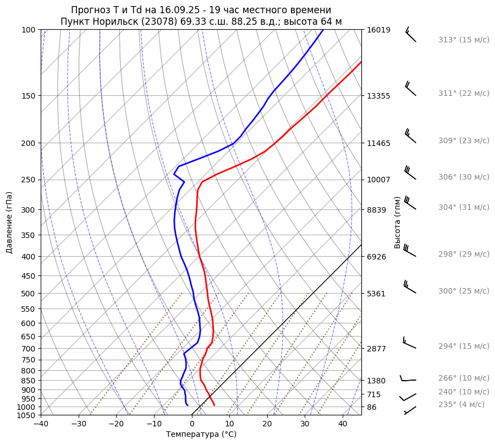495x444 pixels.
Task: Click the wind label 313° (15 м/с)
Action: [x=464, y=40]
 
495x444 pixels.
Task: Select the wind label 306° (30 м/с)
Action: [x=464, y=177]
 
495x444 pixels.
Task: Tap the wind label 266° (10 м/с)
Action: [x=464, y=378]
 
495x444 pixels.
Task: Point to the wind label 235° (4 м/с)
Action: [x=461, y=405]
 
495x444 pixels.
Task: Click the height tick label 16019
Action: [x=378, y=30]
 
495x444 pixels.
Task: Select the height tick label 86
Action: [x=372, y=407]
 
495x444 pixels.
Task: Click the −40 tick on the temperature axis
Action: [x=41, y=424]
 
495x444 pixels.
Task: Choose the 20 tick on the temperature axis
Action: [x=267, y=424]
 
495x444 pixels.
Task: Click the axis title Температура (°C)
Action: [x=201, y=435]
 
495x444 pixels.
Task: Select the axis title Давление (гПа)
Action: [x=9, y=223]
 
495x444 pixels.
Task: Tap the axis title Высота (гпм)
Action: [x=398, y=222]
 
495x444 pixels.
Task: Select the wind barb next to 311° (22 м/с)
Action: [x=410, y=89]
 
